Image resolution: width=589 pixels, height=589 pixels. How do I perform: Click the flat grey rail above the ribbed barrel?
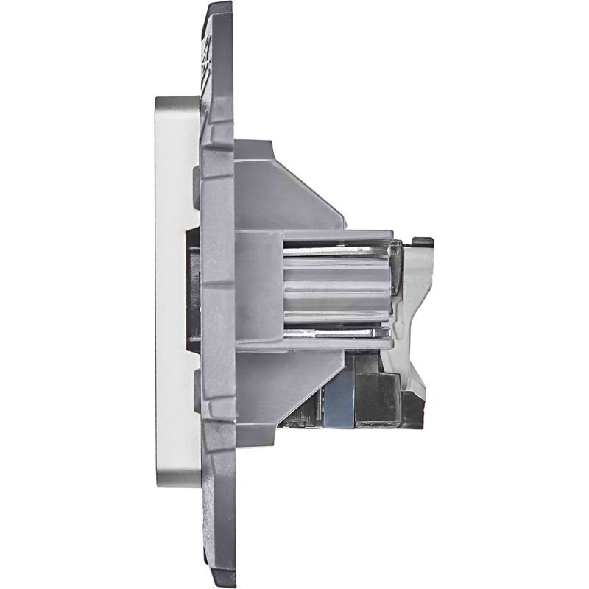pyautogui.click(x=335, y=237)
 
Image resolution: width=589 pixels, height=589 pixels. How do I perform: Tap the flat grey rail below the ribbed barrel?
pyautogui.click(x=335, y=341)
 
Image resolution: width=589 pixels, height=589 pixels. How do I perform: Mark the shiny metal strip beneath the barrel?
pyautogui.click(x=335, y=328)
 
